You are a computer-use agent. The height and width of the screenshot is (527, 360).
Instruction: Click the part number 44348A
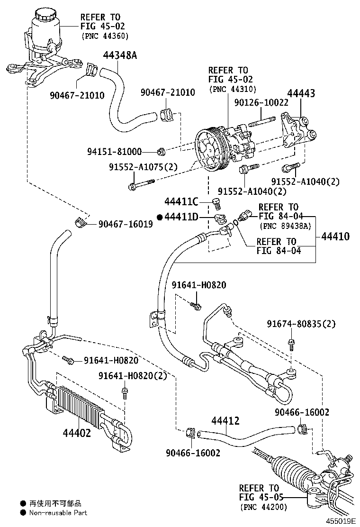click(x=120, y=55)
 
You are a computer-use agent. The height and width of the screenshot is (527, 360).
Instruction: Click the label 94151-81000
click(x=115, y=152)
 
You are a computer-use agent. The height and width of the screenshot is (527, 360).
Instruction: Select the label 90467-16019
click(x=126, y=224)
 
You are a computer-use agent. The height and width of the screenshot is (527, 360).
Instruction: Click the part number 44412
click(x=225, y=421)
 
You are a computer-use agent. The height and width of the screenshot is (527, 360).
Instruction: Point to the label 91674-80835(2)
click(x=301, y=324)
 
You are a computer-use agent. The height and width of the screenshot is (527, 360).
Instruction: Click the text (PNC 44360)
click(x=105, y=36)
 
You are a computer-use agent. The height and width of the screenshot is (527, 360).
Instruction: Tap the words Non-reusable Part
click(x=58, y=512)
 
